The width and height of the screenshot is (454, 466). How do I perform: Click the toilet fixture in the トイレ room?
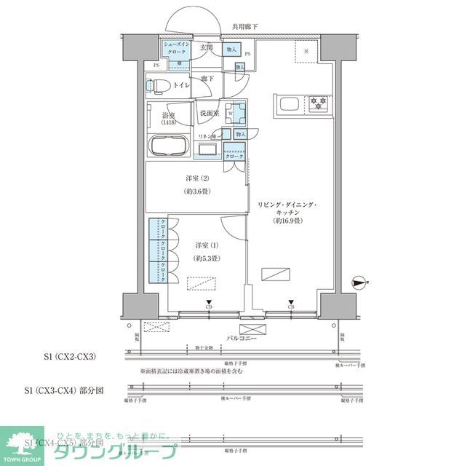tap(162, 85)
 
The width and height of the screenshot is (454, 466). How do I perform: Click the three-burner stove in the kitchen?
tap(318, 105)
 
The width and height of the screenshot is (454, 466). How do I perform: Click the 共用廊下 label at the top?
tap(244, 27)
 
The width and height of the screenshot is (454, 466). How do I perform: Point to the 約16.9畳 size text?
tap(290, 220)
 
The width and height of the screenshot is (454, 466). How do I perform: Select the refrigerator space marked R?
tap(306, 51)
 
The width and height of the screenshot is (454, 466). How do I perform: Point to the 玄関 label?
tap(207, 48)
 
